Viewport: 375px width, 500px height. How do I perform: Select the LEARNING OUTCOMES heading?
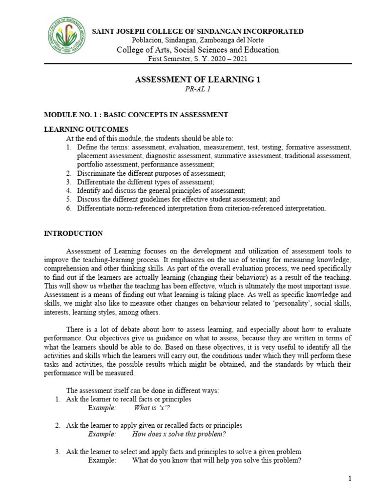coord(86,129)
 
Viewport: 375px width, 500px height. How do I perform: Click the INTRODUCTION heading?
coord(73,234)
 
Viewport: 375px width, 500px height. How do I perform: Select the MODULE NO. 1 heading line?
coord(136,115)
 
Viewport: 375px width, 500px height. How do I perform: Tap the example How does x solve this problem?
coord(179,434)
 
